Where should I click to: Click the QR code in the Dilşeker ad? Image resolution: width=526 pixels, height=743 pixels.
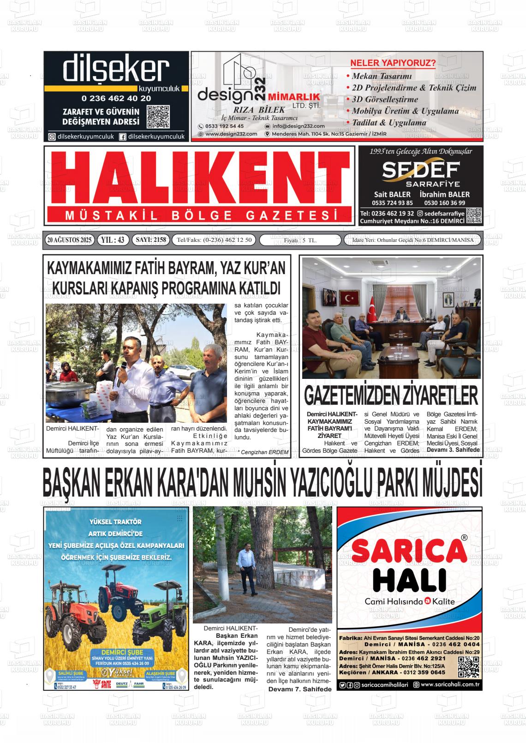(158, 117)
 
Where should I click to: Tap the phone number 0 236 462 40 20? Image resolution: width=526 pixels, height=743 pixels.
(116, 98)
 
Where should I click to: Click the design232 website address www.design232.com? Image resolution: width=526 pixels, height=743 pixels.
(231, 134)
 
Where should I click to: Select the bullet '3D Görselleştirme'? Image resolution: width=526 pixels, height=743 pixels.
(385, 99)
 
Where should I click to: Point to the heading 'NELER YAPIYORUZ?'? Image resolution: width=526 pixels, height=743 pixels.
(393, 63)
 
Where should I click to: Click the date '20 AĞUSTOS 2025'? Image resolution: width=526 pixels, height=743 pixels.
(70, 240)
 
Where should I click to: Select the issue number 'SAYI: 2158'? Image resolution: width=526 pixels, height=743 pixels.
(150, 240)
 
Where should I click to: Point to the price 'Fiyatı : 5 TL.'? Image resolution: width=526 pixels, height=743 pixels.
(300, 240)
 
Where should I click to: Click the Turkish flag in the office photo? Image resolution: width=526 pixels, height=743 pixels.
(372, 306)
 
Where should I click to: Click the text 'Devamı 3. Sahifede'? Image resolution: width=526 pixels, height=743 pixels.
(453, 449)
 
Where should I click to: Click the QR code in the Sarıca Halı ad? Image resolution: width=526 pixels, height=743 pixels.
(468, 667)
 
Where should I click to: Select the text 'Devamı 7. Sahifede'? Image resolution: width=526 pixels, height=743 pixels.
(300, 689)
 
